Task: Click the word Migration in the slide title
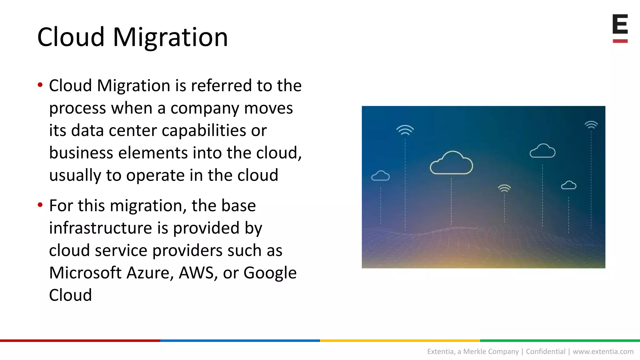tap(170, 37)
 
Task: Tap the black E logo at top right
tap(620, 24)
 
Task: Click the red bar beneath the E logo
tap(620, 41)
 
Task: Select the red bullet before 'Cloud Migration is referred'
tap(40, 85)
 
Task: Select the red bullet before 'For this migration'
tap(40, 205)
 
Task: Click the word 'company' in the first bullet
tap(204, 108)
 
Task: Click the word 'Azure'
tap(150, 273)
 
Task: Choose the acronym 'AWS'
tap(196, 273)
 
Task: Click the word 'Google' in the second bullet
tap(270, 273)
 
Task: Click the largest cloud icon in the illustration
tap(451, 163)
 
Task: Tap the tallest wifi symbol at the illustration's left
tap(405, 130)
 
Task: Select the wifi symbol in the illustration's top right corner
tap(591, 125)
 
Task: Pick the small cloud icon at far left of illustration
tap(380, 176)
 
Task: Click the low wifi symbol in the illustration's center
tap(504, 188)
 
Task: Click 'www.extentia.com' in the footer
tap(603, 352)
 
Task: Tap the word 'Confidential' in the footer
tap(546, 352)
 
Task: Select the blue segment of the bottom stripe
tap(240, 341)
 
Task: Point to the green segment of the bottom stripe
tap(560, 341)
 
